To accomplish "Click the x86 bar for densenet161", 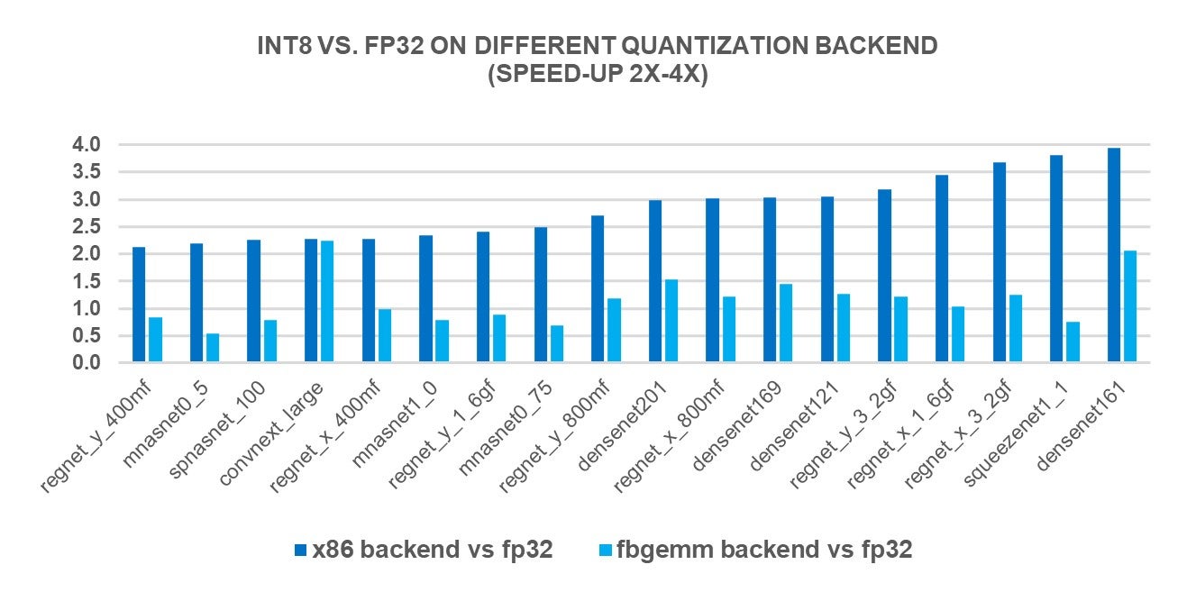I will point(1114,255).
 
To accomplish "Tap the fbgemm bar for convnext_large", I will point(327,302).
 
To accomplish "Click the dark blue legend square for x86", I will point(300,551).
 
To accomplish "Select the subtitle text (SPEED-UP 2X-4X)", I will point(598,75).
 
